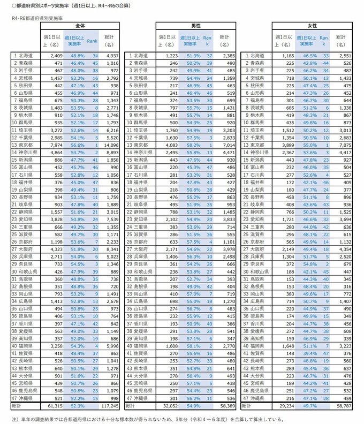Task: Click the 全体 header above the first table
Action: coord(80,26)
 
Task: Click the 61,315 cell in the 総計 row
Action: coord(55,407)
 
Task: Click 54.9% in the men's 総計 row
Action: coord(193,407)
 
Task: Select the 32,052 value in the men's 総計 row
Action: coord(169,407)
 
